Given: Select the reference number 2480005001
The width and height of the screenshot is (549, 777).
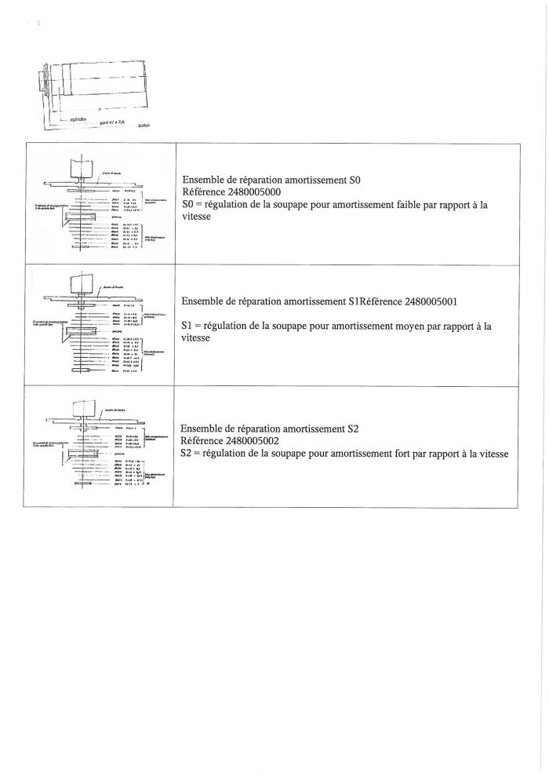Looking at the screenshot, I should tap(434, 301).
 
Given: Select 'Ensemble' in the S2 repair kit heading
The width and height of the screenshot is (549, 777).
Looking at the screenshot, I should tap(203, 429).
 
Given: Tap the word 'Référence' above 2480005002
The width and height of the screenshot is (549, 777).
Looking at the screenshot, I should tap(202, 442).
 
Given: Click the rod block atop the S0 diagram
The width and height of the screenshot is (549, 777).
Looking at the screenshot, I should tap(82, 169).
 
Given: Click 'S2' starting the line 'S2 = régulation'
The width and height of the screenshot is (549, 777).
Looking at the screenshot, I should tap(187, 454).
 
